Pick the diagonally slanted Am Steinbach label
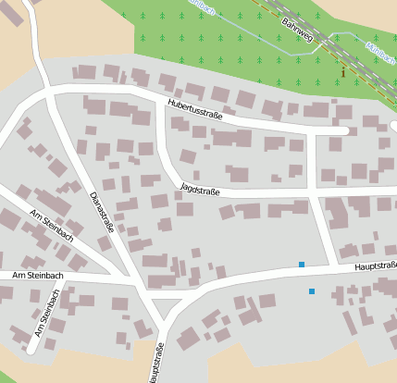point(51,226)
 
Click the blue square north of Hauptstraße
point(302,265)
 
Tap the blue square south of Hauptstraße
point(312,291)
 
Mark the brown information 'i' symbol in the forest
point(343,72)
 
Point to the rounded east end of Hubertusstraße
point(344,130)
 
